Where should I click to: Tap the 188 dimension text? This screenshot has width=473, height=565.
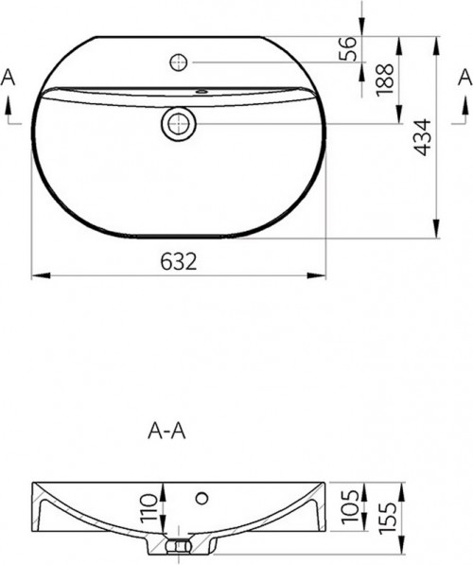tap(384, 82)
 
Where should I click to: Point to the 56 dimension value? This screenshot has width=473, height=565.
tap(349, 48)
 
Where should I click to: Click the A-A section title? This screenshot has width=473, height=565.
tap(166, 431)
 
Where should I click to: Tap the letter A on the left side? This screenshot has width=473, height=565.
tap(9, 77)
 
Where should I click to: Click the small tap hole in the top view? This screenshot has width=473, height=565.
tap(178, 63)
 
